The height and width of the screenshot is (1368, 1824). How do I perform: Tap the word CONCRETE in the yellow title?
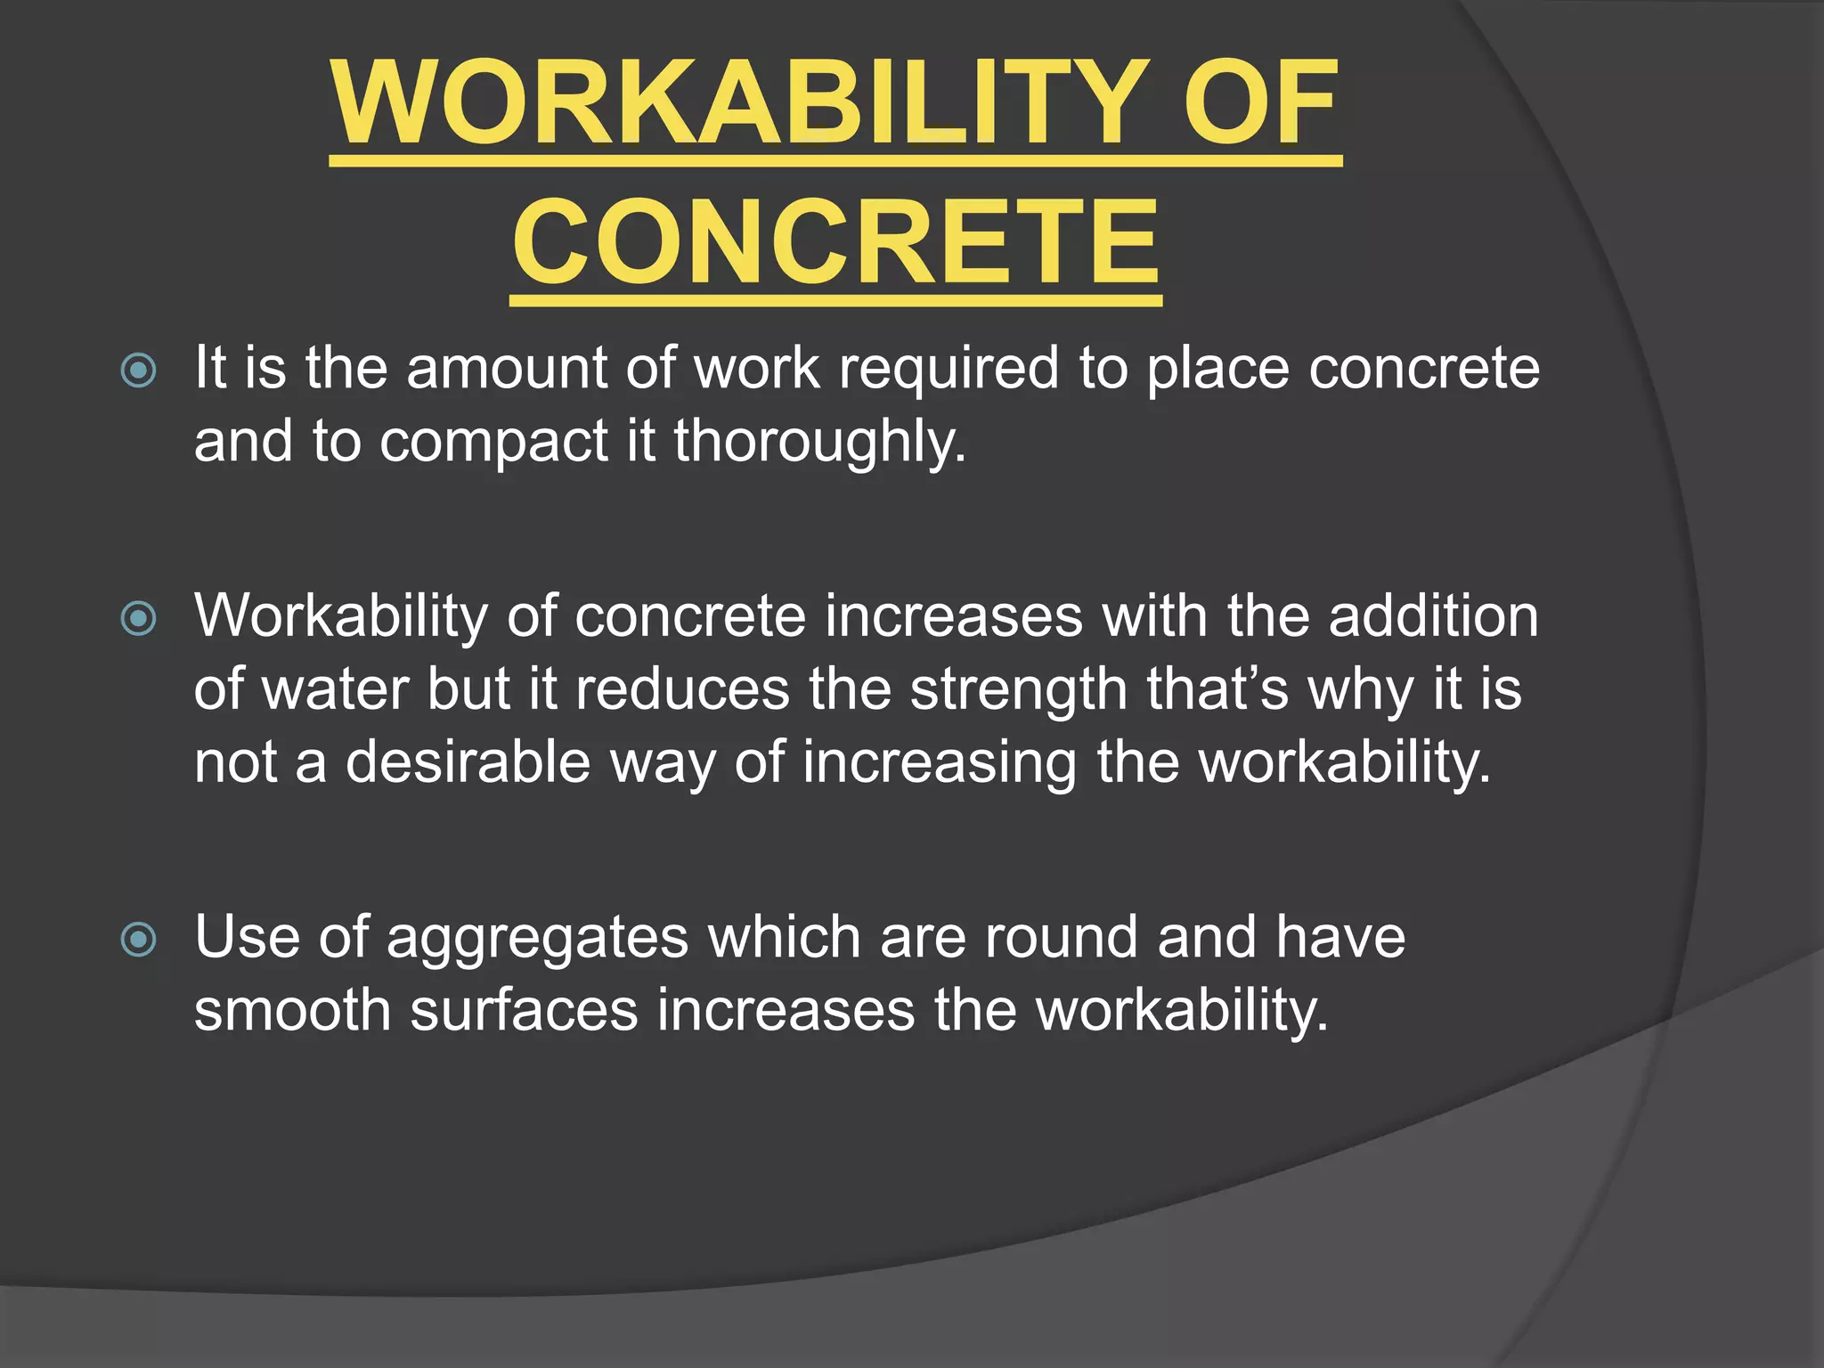click(835, 242)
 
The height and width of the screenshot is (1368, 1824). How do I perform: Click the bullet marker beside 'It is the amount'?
click(139, 370)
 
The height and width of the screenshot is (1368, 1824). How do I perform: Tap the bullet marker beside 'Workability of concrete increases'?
click(139, 618)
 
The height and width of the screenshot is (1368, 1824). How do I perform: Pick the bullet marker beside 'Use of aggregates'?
click(139, 939)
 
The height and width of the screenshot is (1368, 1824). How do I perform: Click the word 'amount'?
click(506, 368)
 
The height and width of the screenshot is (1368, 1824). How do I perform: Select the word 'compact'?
click(493, 442)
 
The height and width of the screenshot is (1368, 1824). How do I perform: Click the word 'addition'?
click(1433, 615)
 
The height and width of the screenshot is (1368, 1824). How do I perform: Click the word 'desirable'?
click(468, 762)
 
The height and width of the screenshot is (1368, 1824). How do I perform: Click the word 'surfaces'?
click(524, 1012)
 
